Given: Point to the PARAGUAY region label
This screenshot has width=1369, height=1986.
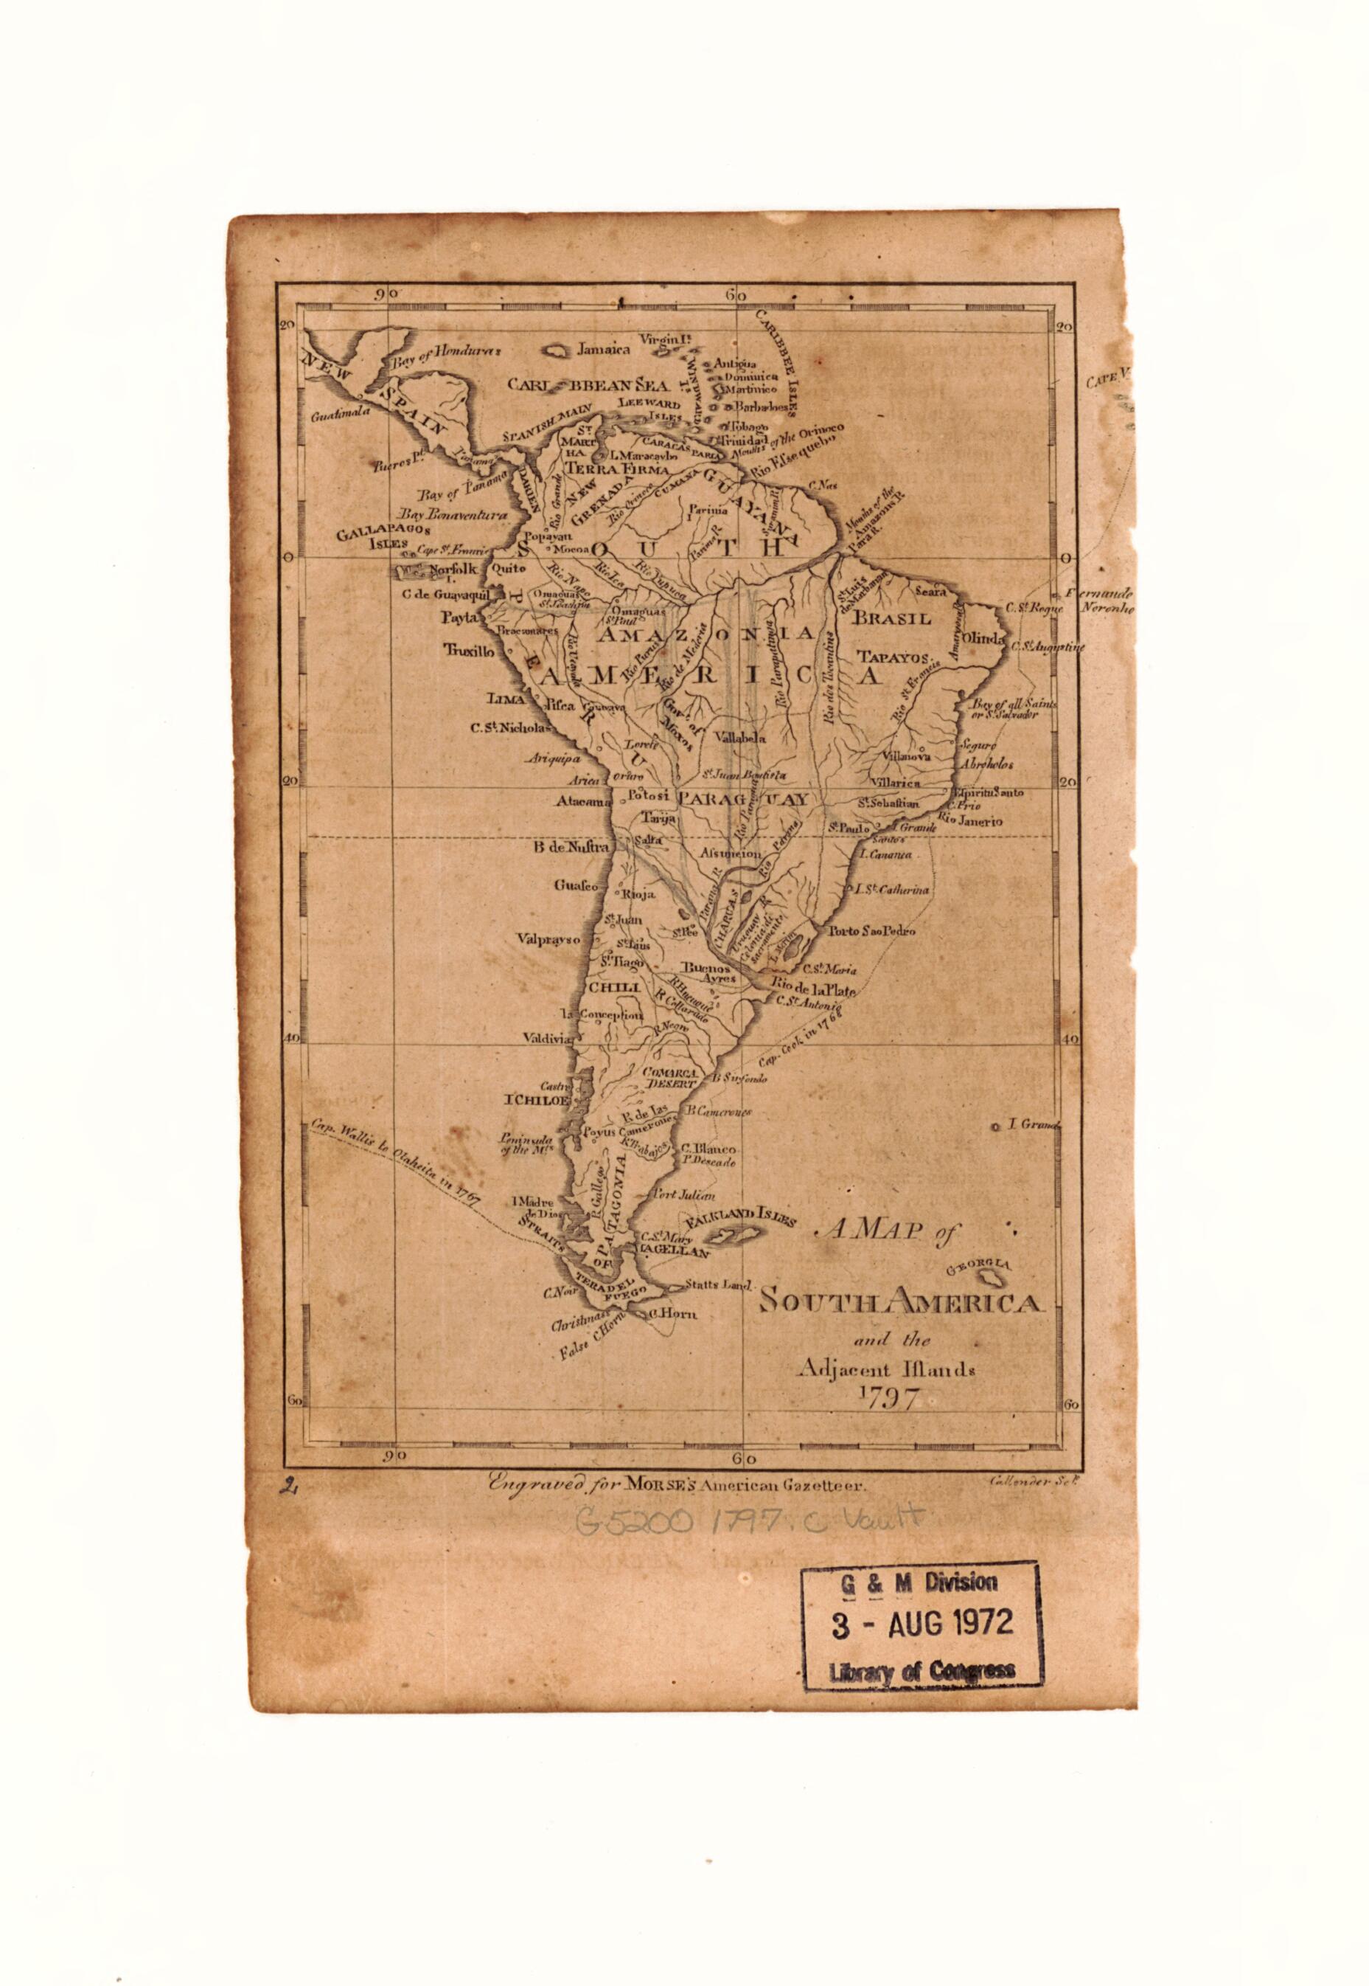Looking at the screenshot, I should coord(743,799).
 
